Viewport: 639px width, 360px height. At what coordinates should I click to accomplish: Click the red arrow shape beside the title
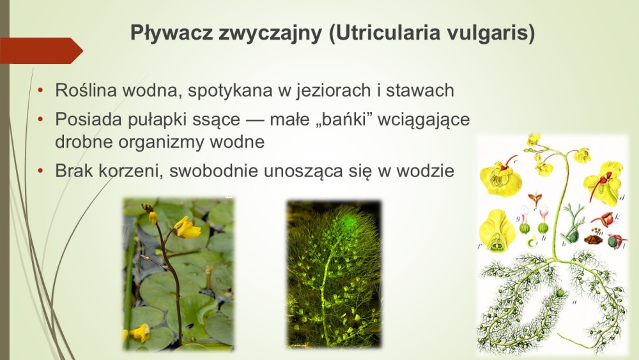[41, 51]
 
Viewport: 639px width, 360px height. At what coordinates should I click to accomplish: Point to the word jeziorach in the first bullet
[334, 91]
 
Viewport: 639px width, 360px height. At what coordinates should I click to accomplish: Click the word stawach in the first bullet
[420, 90]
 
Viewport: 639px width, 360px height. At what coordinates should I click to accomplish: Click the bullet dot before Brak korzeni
[40, 171]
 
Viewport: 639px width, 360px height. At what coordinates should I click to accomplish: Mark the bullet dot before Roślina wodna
[40, 90]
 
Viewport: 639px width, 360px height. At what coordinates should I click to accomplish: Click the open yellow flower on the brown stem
[187, 228]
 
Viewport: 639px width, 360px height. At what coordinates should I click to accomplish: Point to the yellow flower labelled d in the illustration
[604, 184]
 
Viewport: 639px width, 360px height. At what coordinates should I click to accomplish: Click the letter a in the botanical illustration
[574, 302]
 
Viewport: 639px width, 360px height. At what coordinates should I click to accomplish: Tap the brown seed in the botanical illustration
[593, 239]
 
